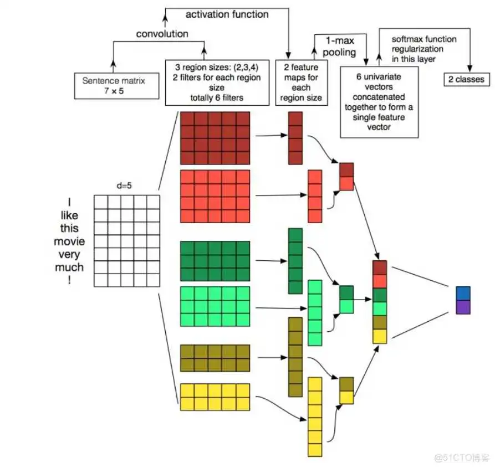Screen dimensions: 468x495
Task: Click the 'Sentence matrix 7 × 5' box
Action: pyautogui.click(x=114, y=86)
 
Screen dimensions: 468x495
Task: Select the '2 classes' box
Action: pyautogui.click(x=466, y=79)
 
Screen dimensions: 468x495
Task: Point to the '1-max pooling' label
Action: pyautogui.click(x=339, y=46)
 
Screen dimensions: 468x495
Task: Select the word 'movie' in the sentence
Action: pyautogui.click(x=69, y=241)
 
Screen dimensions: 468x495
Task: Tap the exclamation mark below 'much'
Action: pyautogui.click(x=69, y=280)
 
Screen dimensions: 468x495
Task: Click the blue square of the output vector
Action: pyautogui.click(x=463, y=293)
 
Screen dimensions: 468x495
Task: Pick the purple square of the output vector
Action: pyautogui.click(x=463, y=307)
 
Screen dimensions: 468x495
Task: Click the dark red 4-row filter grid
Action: pyautogui.click(x=215, y=138)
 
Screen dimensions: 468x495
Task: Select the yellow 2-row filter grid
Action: pyautogui.click(x=215, y=397)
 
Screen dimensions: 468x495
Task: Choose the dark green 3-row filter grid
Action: pyautogui.click(x=215, y=261)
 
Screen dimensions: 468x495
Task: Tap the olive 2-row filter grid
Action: pyautogui.click(x=215, y=358)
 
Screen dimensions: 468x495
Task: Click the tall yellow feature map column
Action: pyautogui.click(x=315, y=416)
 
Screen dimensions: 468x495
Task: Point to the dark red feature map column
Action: pyautogui.click(x=295, y=138)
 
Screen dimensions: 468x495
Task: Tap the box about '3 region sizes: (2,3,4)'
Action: pyautogui.click(x=217, y=83)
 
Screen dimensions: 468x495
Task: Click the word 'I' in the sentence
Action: pyautogui.click(x=69, y=202)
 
